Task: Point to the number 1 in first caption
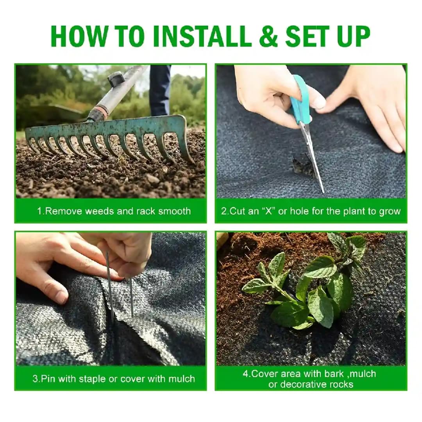point(39,211)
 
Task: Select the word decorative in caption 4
point(301,384)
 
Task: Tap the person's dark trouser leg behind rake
point(160,90)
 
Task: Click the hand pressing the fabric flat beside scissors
point(371,105)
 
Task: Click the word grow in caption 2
point(390,211)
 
